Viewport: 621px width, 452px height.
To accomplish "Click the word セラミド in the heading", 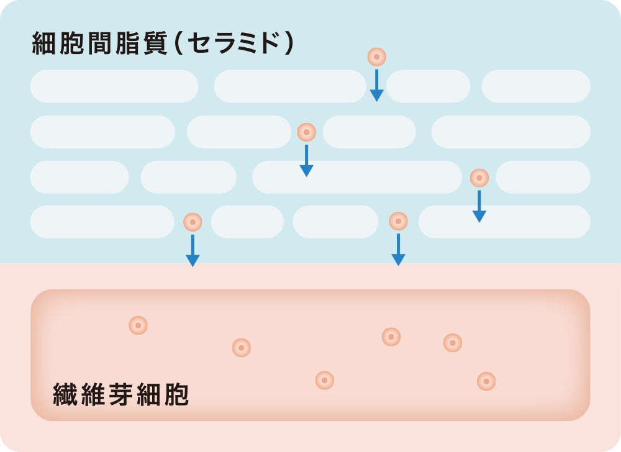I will [x=232, y=45].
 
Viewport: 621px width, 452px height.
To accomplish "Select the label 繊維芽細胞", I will [x=120, y=395].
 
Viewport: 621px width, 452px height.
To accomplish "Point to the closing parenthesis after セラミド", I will [x=288, y=45].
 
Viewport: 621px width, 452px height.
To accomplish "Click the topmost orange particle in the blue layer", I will [x=376, y=57].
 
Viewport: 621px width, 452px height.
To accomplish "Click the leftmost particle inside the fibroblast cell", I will [x=138, y=325].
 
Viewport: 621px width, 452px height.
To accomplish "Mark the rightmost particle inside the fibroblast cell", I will [x=486, y=381].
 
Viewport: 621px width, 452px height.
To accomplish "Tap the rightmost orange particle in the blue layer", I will [x=479, y=178].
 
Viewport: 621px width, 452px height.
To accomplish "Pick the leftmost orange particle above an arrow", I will [x=193, y=222].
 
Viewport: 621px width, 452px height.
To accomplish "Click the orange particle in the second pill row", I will [x=306, y=132].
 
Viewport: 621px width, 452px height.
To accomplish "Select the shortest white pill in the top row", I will [x=428, y=86].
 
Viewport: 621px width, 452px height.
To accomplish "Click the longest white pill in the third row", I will [x=356, y=177].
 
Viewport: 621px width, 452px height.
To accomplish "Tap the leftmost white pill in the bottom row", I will [x=102, y=222].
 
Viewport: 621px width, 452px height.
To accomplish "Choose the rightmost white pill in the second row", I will [x=510, y=132].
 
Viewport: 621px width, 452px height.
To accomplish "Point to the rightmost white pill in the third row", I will [x=543, y=177].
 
